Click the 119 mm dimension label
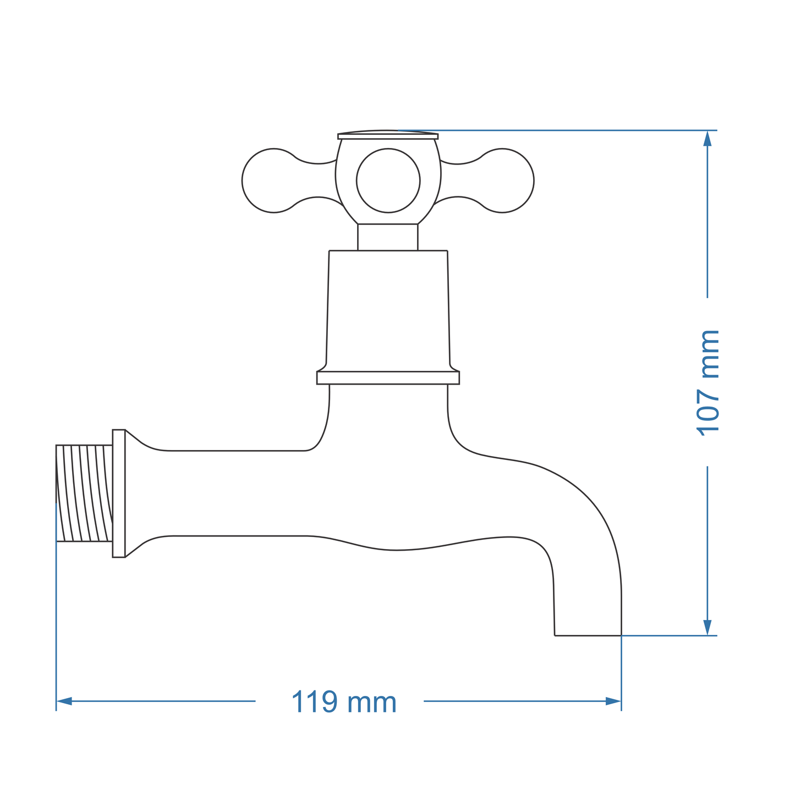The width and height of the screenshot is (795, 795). coord(343,702)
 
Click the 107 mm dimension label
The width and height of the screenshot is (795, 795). coord(708,383)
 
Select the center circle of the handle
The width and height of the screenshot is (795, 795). coord(388,180)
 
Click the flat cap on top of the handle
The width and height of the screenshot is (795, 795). coord(388,135)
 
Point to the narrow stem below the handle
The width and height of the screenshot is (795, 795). coord(388,237)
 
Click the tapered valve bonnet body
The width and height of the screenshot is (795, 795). coord(388,311)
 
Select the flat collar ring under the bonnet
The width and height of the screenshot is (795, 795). coord(388,377)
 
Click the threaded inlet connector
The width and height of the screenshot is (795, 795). coord(84,493)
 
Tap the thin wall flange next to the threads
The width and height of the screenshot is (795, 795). coord(119,493)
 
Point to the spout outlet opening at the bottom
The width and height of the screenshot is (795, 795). coord(588,634)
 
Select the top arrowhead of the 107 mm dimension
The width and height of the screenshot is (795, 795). coord(708,138)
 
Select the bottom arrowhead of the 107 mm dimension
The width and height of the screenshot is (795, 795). coord(708,627)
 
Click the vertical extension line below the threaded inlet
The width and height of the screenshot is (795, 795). coord(56,622)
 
